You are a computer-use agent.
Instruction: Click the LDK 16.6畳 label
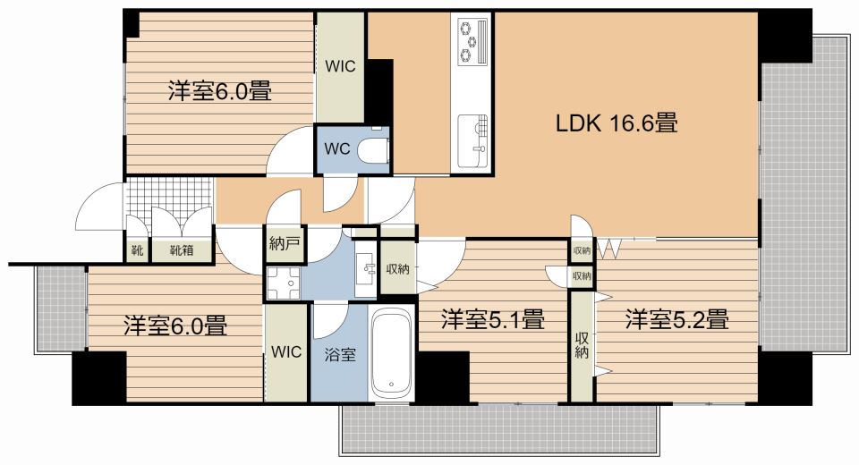(x=617, y=123)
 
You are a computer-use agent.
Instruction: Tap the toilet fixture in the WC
(x=374, y=149)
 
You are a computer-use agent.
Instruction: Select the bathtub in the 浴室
(x=391, y=353)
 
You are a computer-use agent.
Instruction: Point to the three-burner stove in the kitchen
(x=473, y=41)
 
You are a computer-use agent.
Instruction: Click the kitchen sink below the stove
(x=472, y=141)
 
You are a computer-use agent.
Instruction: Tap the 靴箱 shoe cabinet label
(x=182, y=251)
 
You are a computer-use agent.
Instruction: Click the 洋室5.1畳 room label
(x=492, y=318)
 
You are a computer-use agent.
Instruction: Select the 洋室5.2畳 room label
(x=677, y=318)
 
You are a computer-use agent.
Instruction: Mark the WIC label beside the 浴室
(x=286, y=351)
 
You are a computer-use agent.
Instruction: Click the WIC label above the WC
(x=340, y=66)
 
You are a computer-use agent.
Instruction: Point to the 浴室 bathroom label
(x=340, y=355)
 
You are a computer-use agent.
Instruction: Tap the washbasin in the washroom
(x=365, y=268)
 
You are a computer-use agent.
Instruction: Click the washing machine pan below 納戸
(x=284, y=283)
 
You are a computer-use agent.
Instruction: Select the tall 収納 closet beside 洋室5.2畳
(x=582, y=345)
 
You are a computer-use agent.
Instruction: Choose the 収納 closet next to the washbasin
(x=397, y=268)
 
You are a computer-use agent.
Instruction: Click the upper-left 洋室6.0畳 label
(x=220, y=91)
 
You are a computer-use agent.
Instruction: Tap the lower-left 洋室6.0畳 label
(x=175, y=325)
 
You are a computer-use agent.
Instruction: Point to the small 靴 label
(x=137, y=251)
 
